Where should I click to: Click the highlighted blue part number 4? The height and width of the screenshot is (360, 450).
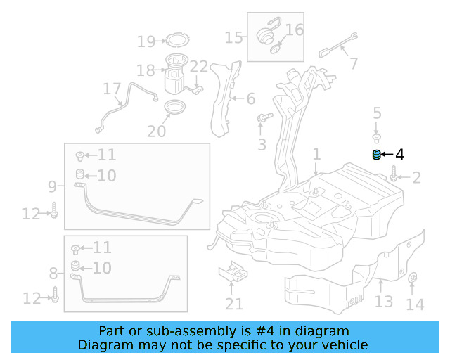[x=376, y=155]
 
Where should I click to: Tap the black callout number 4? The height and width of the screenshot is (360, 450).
[x=400, y=155]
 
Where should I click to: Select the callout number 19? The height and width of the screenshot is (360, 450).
[x=146, y=41]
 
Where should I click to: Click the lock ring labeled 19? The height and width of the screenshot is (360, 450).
[x=178, y=40]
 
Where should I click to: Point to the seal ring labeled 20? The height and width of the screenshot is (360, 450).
[x=175, y=107]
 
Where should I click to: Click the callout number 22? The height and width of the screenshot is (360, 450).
[x=199, y=67]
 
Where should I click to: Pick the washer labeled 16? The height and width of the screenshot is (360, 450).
[x=275, y=49]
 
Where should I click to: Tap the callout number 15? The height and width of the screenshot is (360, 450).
[x=233, y=37]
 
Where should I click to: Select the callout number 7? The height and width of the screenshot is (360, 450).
[x=354, y=63]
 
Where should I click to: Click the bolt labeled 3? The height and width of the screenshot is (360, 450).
[x=264, y=117]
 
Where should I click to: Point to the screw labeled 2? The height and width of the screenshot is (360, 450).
[x=394, y=174]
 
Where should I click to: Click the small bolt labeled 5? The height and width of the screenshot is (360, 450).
[x=377, y=138]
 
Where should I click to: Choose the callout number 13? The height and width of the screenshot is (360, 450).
[x=384, y=302]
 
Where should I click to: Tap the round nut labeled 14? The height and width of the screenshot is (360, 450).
[x=413, y=277]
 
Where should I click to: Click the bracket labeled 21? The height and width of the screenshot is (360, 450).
[x=233, y=272]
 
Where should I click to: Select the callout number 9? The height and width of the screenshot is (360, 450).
[x=52, y=186]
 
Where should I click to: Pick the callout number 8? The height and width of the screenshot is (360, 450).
[x=53, y=274]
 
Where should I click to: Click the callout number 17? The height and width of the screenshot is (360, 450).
[x=112, y=89]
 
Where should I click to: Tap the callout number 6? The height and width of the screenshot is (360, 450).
[x=251, y=98]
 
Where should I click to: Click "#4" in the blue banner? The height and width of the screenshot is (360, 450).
[x=265, y=331]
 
